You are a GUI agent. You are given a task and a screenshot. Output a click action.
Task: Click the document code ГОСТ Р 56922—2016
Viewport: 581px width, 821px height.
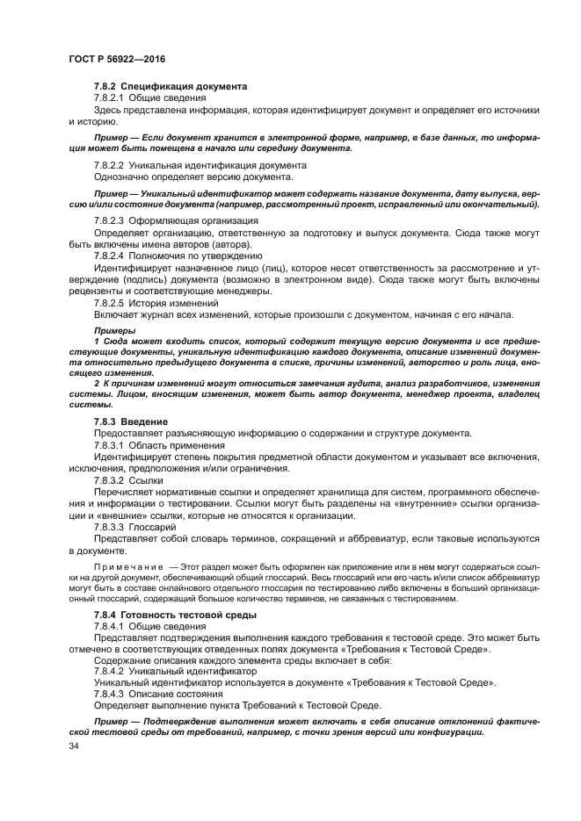(116, 59)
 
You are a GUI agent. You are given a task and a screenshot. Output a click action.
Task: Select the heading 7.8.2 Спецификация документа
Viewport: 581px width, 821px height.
(171, 86)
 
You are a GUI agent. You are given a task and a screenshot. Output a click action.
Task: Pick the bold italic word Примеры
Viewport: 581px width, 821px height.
(111, 328)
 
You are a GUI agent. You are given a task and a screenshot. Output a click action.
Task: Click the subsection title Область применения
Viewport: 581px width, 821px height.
(183, 445)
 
